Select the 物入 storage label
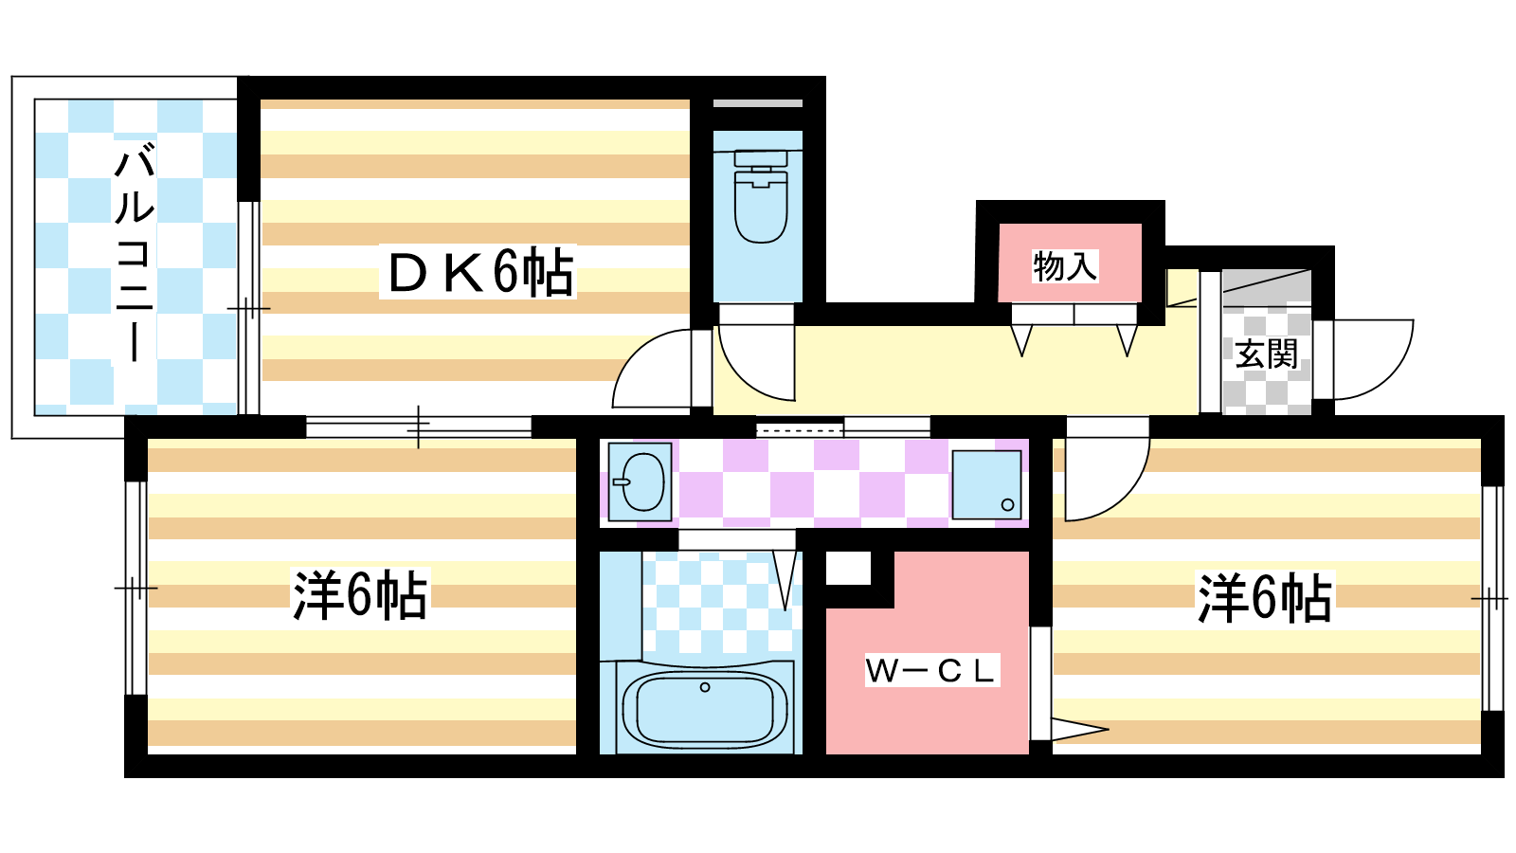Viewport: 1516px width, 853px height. tap(1065, 266)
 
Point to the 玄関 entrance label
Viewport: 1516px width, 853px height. tap(1266, 354)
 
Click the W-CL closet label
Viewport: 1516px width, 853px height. tap(931, 670)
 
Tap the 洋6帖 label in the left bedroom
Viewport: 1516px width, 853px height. tap(360, 596)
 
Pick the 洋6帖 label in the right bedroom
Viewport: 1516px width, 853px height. tap(1264, 598)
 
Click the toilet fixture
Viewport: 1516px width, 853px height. tap(761, 196)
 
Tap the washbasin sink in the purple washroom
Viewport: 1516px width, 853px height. tap(640, 481)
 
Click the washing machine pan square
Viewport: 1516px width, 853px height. tap(986, 484)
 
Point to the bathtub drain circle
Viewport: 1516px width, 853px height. tap(705, 687)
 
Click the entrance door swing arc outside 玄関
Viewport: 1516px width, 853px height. tap(1374, 359)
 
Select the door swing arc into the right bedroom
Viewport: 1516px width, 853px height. tap(1108, 468)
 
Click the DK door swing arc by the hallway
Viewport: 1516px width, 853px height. tap(651, 369)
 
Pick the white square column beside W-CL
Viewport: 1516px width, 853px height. tap(848, 568)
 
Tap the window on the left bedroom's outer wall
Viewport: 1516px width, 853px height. tap(136, 588)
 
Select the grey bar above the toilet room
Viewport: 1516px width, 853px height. tap(758, 103)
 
